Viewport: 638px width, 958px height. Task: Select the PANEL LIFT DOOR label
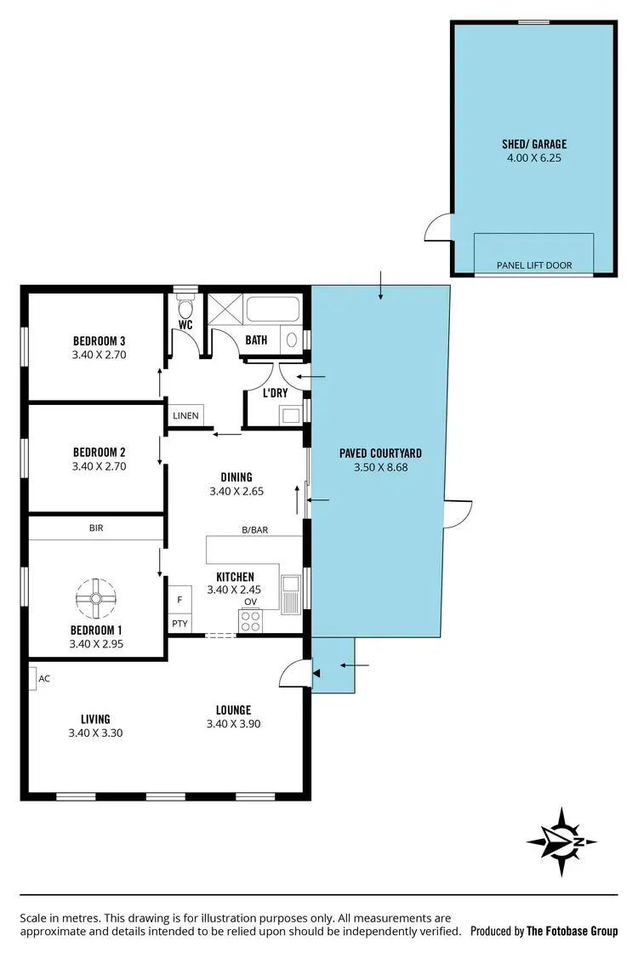pos(534,265)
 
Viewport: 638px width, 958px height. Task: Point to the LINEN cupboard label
pos(185,416)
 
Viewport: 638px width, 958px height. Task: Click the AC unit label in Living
pos(44,679)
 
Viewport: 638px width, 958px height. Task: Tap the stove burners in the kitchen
pos(251,622)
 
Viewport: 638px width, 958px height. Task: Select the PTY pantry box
pos(179,624)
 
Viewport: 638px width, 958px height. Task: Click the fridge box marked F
pos(179,599)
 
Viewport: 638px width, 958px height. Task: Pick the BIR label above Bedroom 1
pos(95,527)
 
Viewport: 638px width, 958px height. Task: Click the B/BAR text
pos(254,529)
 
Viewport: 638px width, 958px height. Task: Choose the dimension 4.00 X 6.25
pos(533,158)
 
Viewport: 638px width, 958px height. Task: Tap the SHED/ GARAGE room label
pos(533,144)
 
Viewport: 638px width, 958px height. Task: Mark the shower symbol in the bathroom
pos(225,309)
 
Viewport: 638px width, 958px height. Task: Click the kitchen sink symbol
pos(291,592)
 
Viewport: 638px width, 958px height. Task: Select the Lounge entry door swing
pos(292,672)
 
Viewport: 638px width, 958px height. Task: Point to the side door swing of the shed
pos(437,228)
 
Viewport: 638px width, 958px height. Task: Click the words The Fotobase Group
pos(572,931)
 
